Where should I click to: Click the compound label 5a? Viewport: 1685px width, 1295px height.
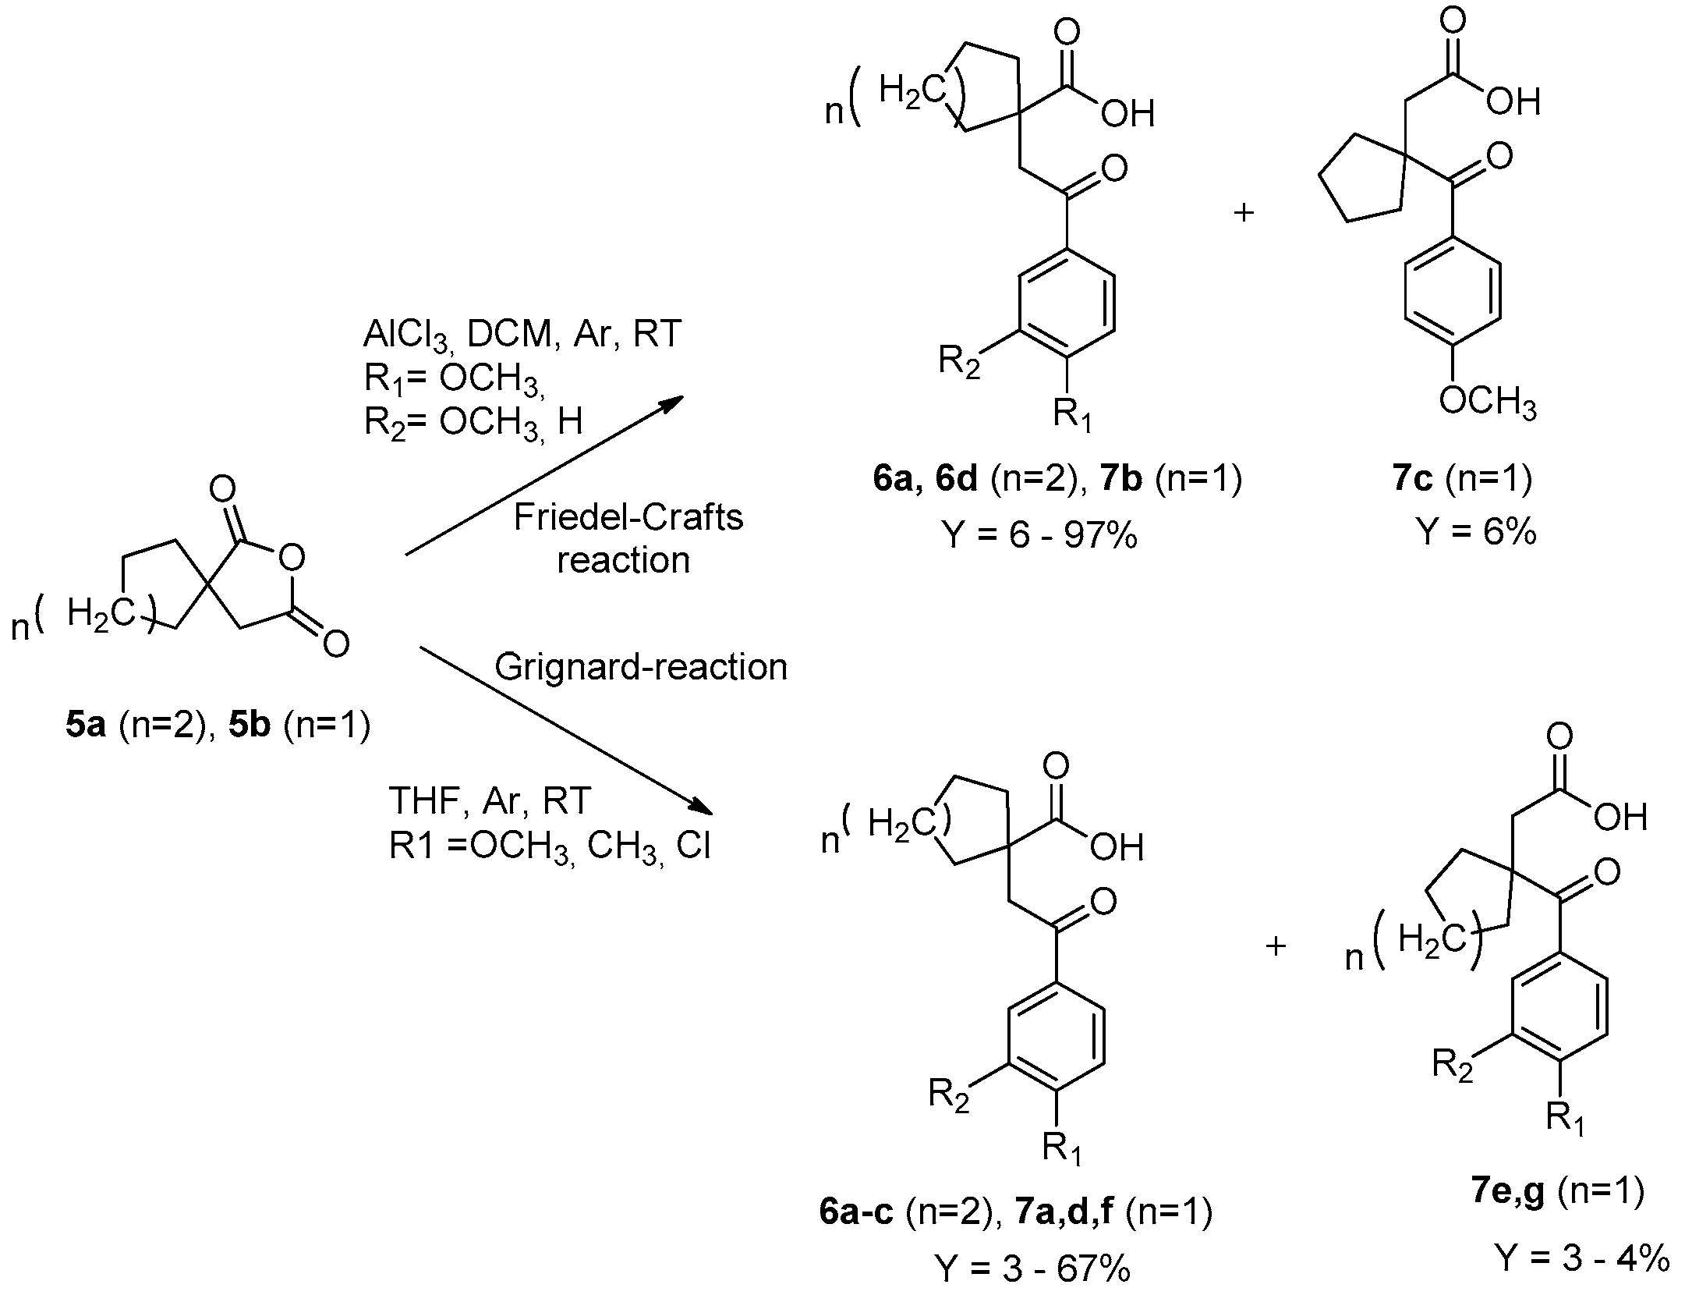85,726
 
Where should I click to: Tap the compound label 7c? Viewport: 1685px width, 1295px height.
1411,478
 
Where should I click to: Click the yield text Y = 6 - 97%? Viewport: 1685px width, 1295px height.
1039,535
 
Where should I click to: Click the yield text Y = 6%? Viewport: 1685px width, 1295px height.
1475,532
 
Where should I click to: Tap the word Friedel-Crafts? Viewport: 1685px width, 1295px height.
628,517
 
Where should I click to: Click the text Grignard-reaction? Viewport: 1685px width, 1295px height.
641,667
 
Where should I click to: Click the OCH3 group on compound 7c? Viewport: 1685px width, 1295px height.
1487,403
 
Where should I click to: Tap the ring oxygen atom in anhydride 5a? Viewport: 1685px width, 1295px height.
291,557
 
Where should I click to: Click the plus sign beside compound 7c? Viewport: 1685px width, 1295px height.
1244,212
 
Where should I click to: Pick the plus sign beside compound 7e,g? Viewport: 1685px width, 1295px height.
1276,946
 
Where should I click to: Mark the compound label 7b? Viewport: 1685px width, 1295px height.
1121,478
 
